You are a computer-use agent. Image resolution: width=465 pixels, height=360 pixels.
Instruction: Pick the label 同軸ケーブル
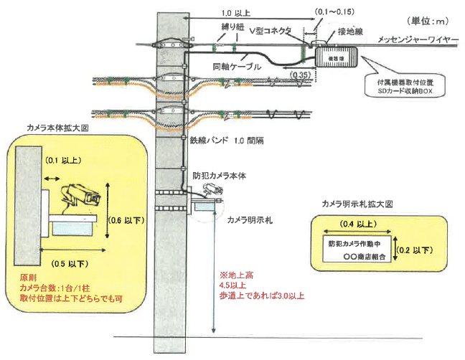pos(236,67)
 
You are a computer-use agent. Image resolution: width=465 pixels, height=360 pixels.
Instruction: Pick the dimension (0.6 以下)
pos(123,219)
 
